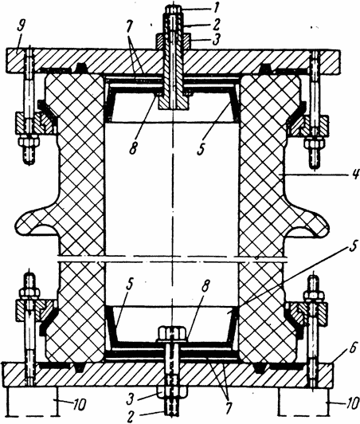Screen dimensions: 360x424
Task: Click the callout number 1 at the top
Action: coord(215,10)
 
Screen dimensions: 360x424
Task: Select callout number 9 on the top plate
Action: coord(21,28)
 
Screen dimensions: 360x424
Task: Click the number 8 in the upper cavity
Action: coord(132,148)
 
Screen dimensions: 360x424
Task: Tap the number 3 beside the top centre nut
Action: coord(215,40)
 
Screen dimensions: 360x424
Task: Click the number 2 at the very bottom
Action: coord(131,417)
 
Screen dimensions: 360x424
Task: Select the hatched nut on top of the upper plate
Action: coord(172,41)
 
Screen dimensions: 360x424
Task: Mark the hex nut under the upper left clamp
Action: coord(29,143)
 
